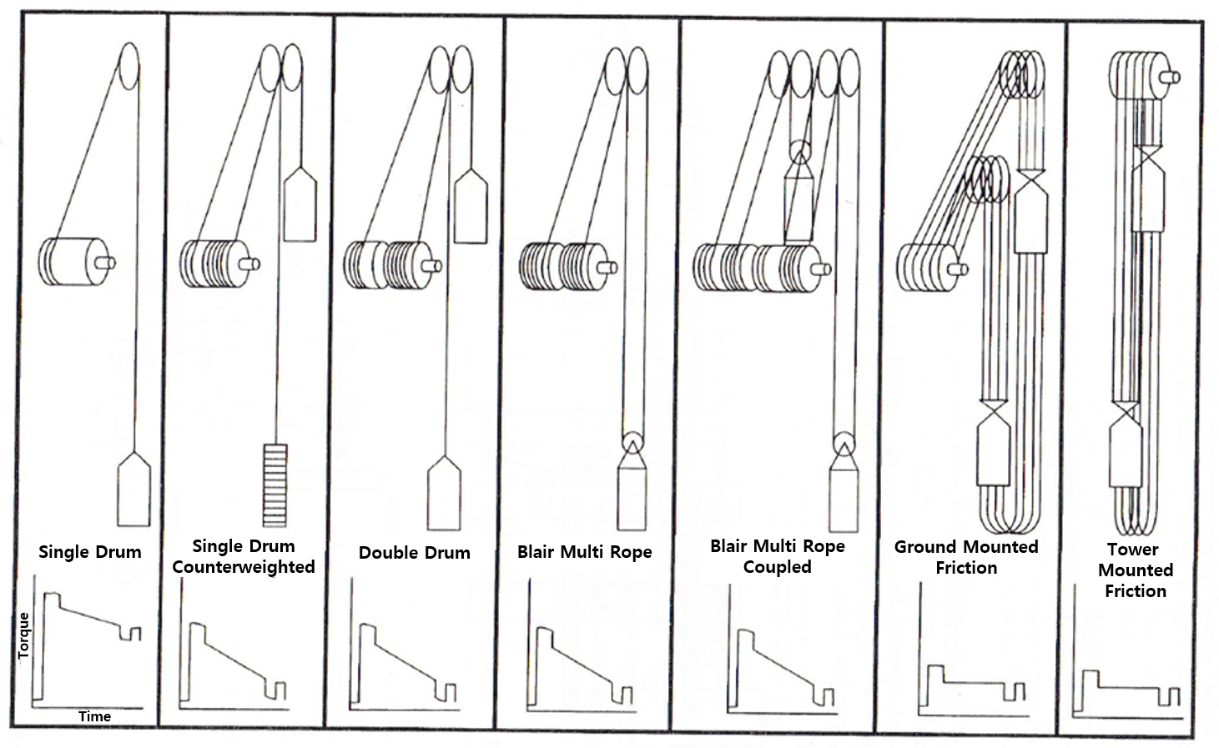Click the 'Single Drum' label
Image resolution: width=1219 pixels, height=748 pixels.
[90, 552]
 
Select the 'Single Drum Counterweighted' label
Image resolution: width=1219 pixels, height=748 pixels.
[244, 556]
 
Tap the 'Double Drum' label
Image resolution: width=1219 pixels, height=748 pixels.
[414, 553]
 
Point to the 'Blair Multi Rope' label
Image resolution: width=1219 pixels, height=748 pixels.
[584, 552]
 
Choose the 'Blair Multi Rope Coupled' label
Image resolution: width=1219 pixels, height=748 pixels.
[777, 556]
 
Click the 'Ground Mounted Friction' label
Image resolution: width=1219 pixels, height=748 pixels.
[966, 557]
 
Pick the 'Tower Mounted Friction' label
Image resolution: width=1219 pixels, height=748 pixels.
[1135, 570]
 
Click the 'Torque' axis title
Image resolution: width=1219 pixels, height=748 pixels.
[23, 635]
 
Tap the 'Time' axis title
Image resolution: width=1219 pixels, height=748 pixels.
[94, 716]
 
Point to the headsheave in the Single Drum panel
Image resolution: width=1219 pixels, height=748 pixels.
[128, 66]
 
